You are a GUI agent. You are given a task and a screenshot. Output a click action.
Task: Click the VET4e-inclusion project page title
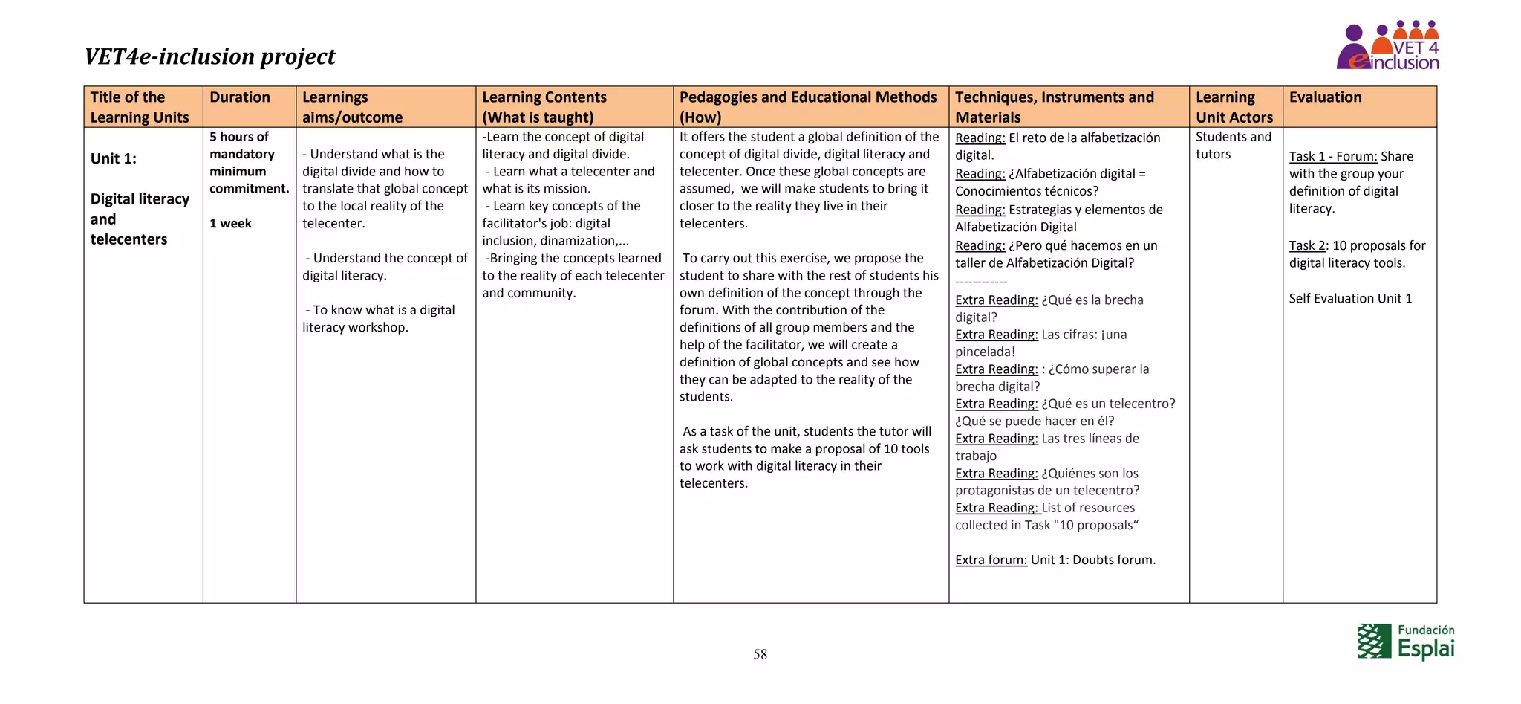[209, 56]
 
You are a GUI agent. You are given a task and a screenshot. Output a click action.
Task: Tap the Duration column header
[239, 97]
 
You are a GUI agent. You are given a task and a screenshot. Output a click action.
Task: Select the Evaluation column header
[1325, 97]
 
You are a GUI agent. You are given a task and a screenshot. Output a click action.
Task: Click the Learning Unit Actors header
[1234, 107]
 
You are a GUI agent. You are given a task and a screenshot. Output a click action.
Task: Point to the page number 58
[760, 654]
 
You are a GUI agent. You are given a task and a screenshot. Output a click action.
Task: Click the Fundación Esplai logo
[1405, 642]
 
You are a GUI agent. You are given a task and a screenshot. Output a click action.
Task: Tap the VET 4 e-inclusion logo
[1387, 46]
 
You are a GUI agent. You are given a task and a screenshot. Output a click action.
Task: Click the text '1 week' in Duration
[230, 223]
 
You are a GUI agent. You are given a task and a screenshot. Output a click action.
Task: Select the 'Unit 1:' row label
[114, 158]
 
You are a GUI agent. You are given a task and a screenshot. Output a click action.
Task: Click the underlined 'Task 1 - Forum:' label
[1333, 156]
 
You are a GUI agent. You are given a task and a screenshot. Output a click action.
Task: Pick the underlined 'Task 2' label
[1307, 245]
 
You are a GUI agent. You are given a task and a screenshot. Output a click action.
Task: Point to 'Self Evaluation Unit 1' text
[1350, 298]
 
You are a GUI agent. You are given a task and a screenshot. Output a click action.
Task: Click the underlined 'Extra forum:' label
[991, 560]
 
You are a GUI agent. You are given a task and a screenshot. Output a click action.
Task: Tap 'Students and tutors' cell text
[1233, 146]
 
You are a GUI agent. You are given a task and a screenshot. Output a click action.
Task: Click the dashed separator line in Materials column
[981, 282]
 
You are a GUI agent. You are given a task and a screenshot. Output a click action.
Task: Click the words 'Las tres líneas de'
[1090, 439]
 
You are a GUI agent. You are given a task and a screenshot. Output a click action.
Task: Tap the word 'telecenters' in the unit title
[128, 239]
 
